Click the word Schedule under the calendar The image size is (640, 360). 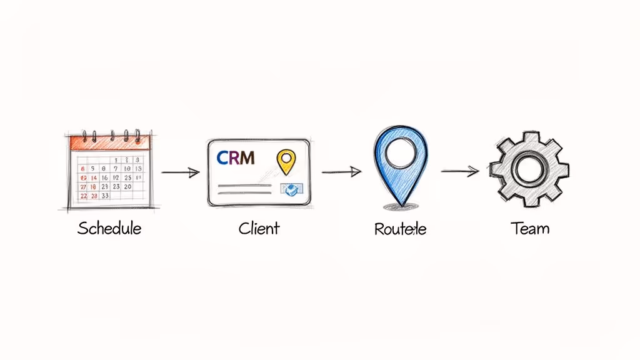coord(109,228)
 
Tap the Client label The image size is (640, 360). coord(259,228)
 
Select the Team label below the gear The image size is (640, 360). coord(530,228)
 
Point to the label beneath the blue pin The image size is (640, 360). coord(400,229)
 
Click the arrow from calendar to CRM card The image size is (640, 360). coord(180,172)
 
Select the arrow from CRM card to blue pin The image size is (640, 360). coord(341,171)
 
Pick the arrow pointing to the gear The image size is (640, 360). coord(459,171)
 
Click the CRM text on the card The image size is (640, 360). coord(236,157)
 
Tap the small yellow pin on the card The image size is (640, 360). coord(284,161)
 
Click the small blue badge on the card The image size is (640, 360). coord(291,189)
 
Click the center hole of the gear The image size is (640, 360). coord(529,169)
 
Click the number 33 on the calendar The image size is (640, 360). coord(105,196)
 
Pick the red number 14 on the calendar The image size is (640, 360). coord(82,177)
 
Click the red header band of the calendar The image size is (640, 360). coord(110,142)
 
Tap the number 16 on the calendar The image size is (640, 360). coord(105,177)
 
